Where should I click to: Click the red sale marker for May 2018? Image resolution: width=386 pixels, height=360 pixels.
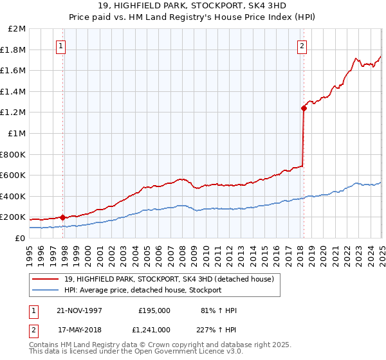[303, 108]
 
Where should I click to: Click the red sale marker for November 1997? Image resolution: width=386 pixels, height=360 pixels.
[62, 217]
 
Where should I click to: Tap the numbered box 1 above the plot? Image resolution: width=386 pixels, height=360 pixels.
[60, 46]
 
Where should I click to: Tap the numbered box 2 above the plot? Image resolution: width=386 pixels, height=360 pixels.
[301, 46]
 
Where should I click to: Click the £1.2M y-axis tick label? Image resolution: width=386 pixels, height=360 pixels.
[14, 113]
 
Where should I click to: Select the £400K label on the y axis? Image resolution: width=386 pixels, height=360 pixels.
[13, 196]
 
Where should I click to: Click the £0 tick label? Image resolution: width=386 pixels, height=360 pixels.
[21, 238]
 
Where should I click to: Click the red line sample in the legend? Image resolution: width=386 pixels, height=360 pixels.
[45, 279]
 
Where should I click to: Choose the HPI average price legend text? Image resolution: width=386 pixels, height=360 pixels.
[142, 291]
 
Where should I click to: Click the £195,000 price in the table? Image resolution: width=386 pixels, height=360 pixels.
[154, 310]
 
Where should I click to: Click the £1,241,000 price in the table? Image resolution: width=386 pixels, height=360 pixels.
[151, 329]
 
